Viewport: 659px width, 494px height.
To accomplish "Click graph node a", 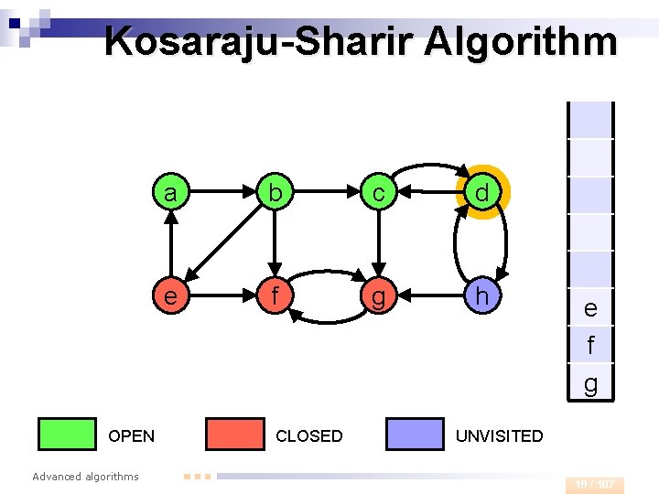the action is [x=170, y=193].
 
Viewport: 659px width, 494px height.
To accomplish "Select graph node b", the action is [x=273, y=193].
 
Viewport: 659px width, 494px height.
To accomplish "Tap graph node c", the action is [x=377, y=193].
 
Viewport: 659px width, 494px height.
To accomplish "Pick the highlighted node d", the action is [x=481, y=193].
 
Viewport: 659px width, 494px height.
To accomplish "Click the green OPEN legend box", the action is [x=67, y=435].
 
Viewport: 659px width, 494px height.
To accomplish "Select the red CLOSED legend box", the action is [x=234, y=435].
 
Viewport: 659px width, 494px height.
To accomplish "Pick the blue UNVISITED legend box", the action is [x=415, y=435].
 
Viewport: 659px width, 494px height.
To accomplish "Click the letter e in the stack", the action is [x=590, y=309].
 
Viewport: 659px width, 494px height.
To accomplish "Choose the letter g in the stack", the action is [x=590, y=384].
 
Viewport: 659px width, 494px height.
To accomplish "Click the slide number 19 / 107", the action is [x=595, y=484].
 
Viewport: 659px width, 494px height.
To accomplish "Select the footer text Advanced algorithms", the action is [x=85, y=476].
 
